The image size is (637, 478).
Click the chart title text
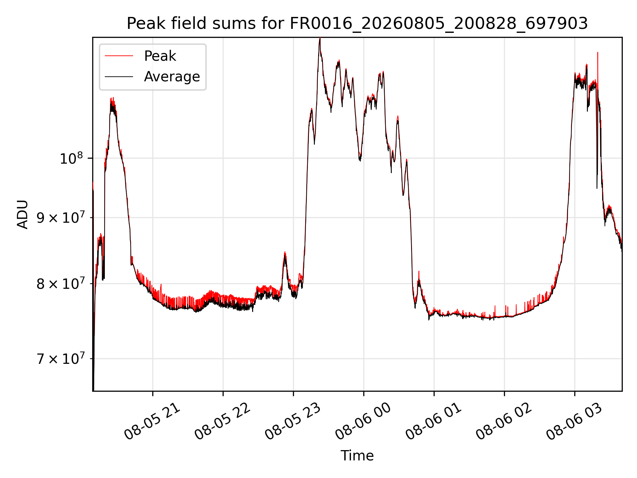(x=357, y=24)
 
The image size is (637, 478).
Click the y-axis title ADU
(x=23, y=214)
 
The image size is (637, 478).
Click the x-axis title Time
(x=357, y=456)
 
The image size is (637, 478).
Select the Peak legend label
(x=160, y=56)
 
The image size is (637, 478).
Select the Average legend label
(x=172, y=77)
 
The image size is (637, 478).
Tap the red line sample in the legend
(x=119, y=56)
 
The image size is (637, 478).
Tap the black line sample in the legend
(x=119, y=77)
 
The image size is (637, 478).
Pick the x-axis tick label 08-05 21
(x=152, y=422)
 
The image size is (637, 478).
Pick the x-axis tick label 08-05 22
(x=223, y=422)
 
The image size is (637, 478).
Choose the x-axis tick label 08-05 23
(x=293, y=422)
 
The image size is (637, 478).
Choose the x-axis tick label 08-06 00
(x=363, y=422)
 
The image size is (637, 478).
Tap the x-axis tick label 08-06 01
(x=434, y=422)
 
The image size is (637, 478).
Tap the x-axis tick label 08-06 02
(x=504, y=422)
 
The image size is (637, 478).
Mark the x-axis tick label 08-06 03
(x=574, y=422)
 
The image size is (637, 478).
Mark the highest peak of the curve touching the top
(x=320, y=39)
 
